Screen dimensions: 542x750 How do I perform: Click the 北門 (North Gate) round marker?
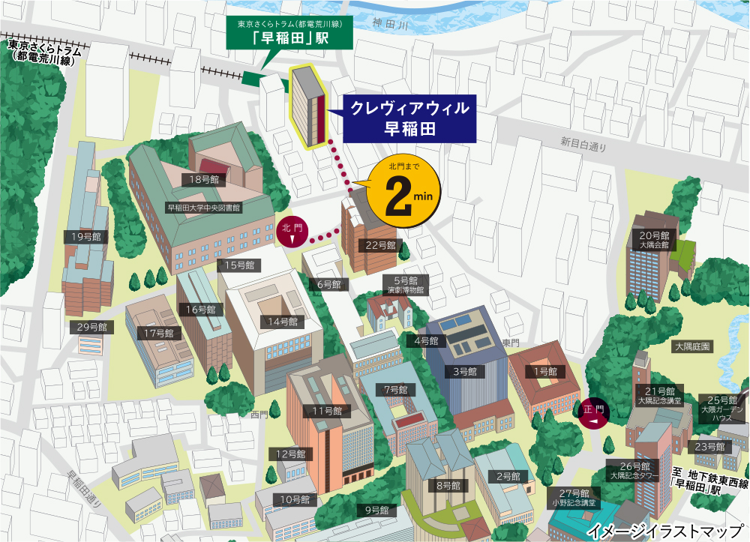click(x=292, y=232)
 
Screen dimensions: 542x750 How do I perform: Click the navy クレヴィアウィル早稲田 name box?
click(x=404, y=118)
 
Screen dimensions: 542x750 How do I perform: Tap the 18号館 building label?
click(x=204, y=179)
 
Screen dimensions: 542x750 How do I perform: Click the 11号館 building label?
click(x=327, y=411)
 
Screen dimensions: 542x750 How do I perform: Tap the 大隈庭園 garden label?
click(x=692, y=346)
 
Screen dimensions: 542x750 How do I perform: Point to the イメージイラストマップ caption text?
click(x=666, y=532)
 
